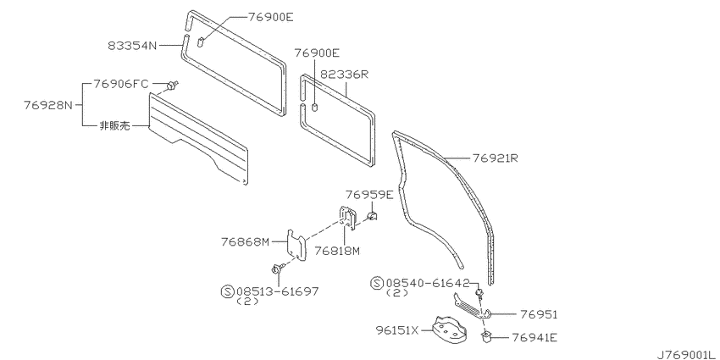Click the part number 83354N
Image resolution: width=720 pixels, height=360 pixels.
[133, 46]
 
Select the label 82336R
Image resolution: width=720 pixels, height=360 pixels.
[345, 75]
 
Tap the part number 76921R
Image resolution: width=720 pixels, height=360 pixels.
[495, 158]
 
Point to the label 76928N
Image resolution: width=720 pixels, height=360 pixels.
[48, 105]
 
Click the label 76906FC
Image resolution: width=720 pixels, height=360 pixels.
[121, 84]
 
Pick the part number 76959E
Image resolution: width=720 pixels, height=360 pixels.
[369, 195]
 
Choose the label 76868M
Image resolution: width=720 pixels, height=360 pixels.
[245, 241]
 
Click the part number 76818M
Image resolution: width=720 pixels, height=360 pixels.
[337, 251]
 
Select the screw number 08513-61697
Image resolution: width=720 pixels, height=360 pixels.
[277, 291]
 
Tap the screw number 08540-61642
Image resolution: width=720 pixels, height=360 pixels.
[428, 283]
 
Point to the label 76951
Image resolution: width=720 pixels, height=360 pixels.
[539, 314]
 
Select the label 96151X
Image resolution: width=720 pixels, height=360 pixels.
[397, 330]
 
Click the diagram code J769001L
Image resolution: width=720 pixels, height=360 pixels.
[689, 355]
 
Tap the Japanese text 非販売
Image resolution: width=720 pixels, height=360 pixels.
[114, 126]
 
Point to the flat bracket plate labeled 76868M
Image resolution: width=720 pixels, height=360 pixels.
[297, 245]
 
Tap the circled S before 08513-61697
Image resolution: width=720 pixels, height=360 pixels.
[227, 291]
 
